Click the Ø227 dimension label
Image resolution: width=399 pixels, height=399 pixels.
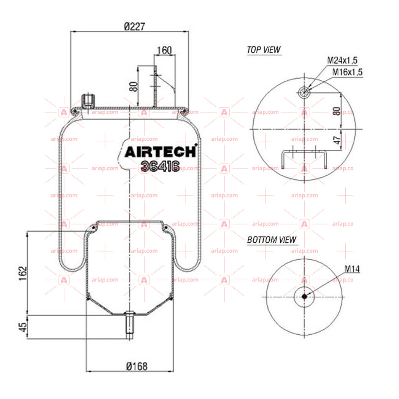(135, 26)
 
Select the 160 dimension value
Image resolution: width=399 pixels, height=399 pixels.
(164, 50)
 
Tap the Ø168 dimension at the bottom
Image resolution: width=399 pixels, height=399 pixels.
(137, 366)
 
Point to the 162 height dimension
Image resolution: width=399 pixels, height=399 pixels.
(23, 273)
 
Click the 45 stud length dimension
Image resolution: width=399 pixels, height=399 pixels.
(23, 327)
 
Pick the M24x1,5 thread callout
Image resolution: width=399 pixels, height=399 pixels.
(342, 60)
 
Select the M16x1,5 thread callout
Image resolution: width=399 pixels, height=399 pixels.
(347, 72)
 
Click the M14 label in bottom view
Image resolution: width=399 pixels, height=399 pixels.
(352, 269)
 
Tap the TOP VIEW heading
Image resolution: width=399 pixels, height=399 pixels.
(264, 49)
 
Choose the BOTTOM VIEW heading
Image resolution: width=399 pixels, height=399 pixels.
(272, 240)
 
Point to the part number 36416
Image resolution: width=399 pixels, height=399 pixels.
(160, 166)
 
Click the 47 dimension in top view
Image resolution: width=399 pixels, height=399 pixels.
(337, 140)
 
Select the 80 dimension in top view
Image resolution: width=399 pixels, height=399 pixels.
(337, 111)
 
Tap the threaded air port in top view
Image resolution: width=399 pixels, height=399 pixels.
(304, 92)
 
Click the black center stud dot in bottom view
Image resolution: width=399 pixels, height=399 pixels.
(304, 296)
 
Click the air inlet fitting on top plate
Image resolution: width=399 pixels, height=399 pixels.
(88, 101)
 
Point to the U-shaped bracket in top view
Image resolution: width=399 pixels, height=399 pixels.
(304, 152)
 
